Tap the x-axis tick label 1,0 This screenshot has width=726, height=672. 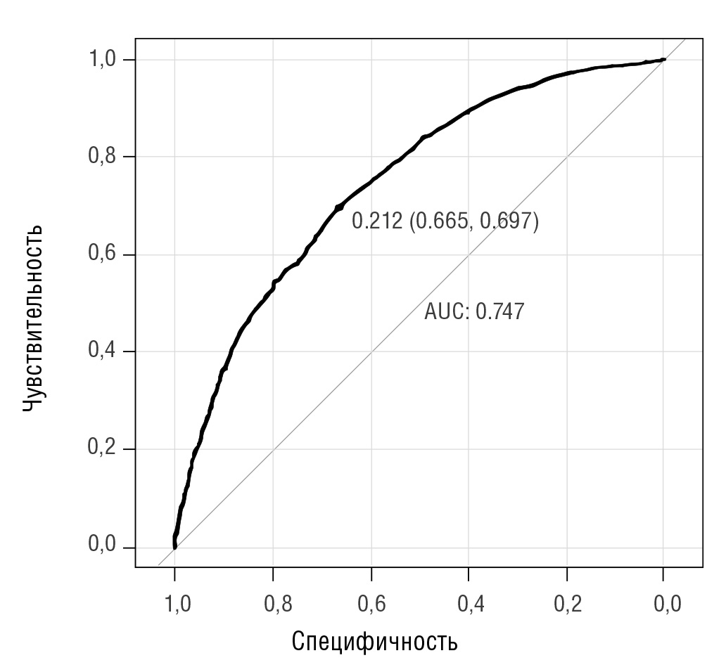tap(175, 603)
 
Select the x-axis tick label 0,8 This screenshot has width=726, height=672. tap(273, 603)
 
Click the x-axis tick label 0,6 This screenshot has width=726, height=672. tap(371, 603)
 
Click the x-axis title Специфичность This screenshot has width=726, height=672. tap(374, 641)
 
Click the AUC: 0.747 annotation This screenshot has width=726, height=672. tap(474, 311)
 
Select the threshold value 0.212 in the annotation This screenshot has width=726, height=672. tap(377, 222)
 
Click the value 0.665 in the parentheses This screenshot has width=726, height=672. tap(442, 222)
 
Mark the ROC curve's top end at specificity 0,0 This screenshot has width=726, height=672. tap(663, 60)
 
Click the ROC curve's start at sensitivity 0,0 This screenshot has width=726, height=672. tap(174, 547)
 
